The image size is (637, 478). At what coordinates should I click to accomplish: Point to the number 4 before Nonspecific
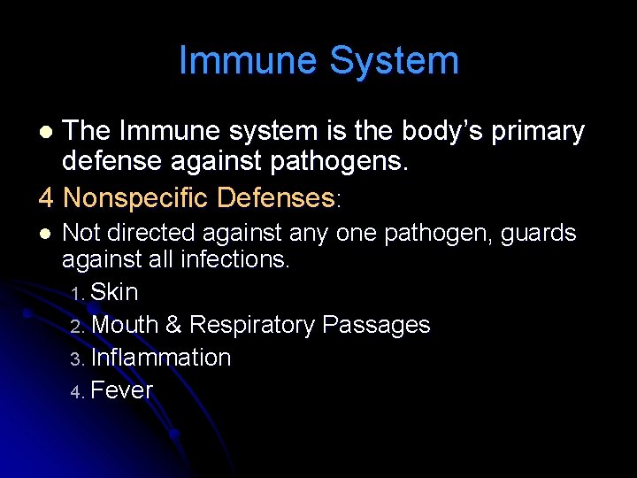click(47, 197)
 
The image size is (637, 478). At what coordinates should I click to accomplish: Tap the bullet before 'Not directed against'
click(46, 234)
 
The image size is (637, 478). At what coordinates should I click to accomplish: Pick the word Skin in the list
click(115, 292)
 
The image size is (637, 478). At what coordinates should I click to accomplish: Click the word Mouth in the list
click(125, 325)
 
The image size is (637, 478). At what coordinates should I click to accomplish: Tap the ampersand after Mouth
click(173, 325)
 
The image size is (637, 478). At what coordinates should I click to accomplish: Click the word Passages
click(376, 325)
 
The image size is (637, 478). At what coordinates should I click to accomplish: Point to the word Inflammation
click(161, 358)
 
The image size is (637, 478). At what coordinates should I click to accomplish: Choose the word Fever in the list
click(122, 390)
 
